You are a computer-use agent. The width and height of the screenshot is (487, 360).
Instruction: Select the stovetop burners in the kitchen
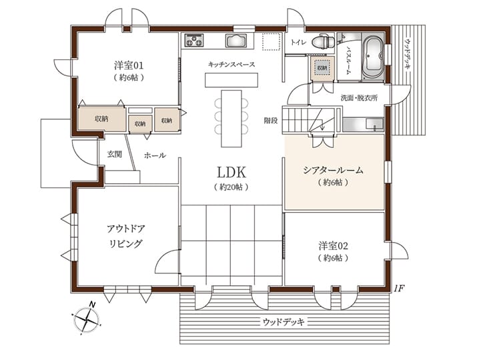pyautogui.click(x=194, y=41)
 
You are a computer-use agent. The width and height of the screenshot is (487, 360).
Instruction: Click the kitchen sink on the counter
pyautogui.click(x=236, y=41)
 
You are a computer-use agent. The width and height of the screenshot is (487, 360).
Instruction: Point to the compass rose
pyautogui.click(x=85, y=319)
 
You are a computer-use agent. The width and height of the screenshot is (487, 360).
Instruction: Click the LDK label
pyautogui.click(x=231, y=172)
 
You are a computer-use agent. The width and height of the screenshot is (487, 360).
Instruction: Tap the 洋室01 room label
pyautogui.click(x=129, y=65)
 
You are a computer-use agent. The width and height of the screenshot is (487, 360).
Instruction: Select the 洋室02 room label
pyautogui.click(x=333, y=246)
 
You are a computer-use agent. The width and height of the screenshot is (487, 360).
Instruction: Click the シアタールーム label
pyautogui.click(x=334, y=170)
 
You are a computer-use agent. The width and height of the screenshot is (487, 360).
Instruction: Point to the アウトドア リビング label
pyautogui.click(x=126, y=236)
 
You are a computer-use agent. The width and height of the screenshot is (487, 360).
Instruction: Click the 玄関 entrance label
pyautogui.click(x=115, y=154)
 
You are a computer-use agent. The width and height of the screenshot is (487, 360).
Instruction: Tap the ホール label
pyautogui.click(x=155, y=155)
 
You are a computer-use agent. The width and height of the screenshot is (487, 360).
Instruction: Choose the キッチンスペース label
pyautogui.click(x=231, y=64)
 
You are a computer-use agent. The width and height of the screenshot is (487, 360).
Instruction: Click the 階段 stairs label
pyautogui.click(x=271, y=121)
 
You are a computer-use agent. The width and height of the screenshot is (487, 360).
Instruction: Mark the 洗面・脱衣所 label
pyautogui.click(x=360, y=98)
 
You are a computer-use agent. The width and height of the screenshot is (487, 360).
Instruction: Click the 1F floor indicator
pyautogui.click(x=399, y=288)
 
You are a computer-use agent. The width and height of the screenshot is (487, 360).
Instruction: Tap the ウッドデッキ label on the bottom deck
pyautogui.click(x=284, y=322)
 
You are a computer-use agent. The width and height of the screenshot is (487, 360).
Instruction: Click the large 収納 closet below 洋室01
pyautogui.click(x=102, y=119)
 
